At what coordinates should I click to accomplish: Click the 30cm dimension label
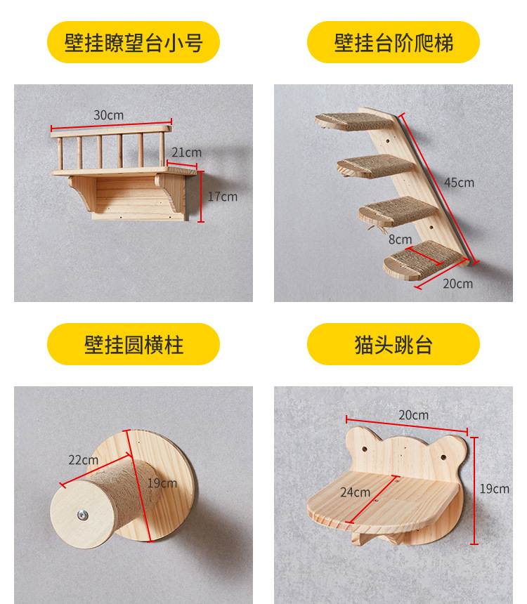tap(108, 115)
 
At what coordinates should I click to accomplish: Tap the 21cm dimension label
tap(187, 152)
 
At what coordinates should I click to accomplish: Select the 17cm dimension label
tap(222, 197)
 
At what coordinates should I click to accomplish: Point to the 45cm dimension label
tap(459, 183)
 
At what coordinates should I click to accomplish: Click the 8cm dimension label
tap(400, 239)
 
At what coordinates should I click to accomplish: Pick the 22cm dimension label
tap(83, 460)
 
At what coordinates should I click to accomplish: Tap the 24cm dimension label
tap(355, 492)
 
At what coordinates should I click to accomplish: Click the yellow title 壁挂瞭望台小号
tap(134, 43)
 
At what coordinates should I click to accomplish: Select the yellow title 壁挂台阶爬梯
tap(393, 43)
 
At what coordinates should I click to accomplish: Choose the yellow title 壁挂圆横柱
tap(134, 345)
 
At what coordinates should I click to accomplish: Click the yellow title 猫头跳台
tap(393, 345)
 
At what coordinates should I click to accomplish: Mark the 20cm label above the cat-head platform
tap(413, 415)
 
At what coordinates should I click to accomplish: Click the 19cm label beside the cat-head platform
tap(495, 489)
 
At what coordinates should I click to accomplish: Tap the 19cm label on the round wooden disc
tap(162, 483)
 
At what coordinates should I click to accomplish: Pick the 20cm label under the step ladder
tap(458, 284)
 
